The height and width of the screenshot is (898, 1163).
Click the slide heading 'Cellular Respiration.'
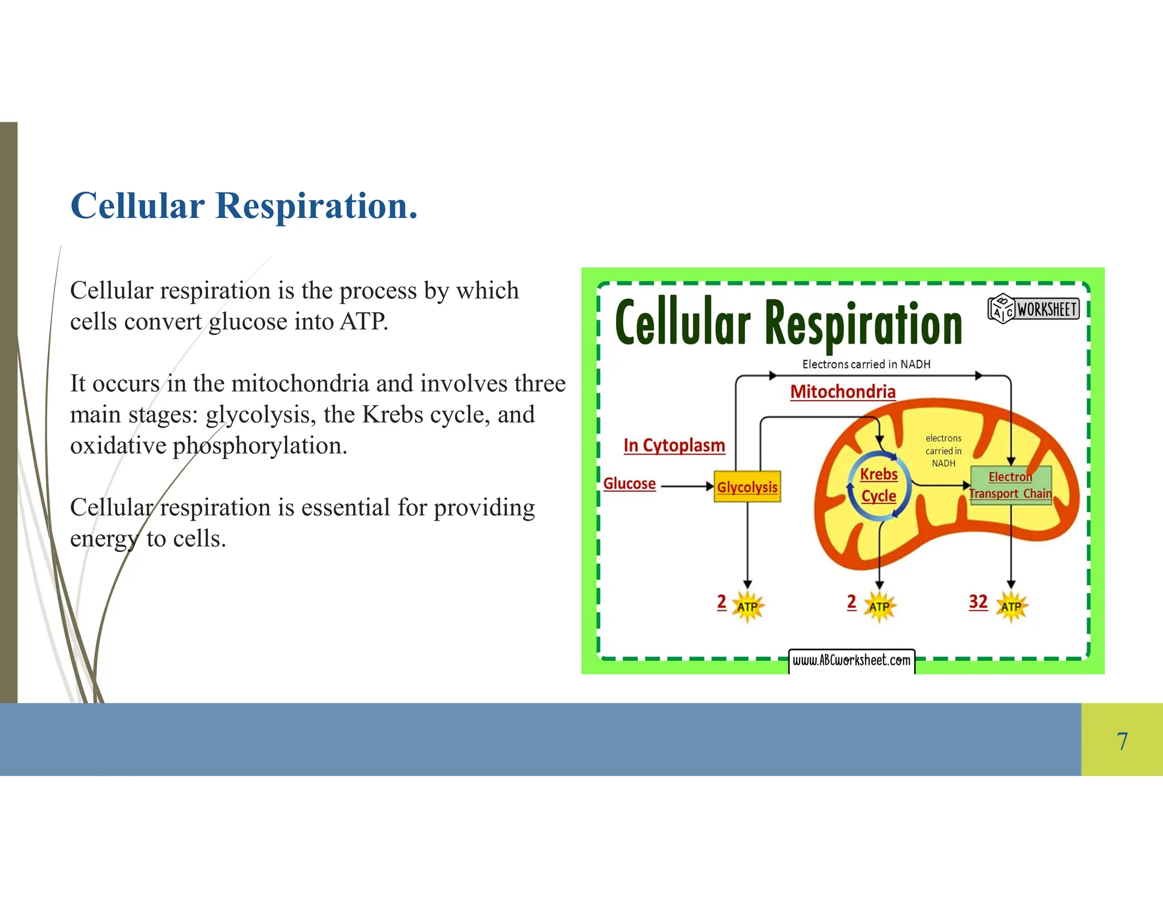(244, 205)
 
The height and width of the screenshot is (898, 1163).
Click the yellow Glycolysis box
(747, 487)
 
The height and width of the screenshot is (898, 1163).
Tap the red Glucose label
(629, 484)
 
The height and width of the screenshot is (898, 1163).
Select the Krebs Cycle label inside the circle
(878, 485)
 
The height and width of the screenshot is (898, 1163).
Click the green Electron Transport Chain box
(1011, 485)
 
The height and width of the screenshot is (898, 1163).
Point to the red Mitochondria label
(843, 392)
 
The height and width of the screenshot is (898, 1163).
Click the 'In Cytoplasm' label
(674, 446)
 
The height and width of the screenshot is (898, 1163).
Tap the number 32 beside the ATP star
(978, 602)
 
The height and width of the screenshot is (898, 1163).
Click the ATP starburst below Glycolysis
(747, 607)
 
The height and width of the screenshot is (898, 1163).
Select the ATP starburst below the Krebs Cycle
(879, 607)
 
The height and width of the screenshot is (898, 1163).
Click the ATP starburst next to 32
(1011, 607)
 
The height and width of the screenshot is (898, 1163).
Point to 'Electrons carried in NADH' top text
(866, 364)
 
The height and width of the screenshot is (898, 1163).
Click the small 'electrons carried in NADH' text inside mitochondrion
(943, 451)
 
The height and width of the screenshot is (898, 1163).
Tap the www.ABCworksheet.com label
(851, 660)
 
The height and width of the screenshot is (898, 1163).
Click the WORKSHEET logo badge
(1034, 309)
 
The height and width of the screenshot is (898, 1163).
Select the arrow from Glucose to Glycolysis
(686, 486)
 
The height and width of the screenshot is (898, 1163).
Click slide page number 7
(1122, 741)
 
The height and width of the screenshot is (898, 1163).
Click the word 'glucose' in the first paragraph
(248, 322)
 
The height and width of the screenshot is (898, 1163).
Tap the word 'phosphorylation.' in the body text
(260, 446)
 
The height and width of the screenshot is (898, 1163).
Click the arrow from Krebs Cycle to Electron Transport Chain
(940, 485)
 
